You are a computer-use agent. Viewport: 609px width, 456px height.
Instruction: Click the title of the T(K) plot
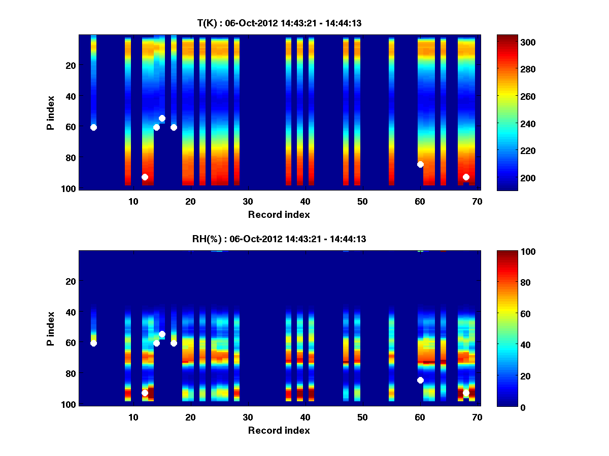click(279, 23)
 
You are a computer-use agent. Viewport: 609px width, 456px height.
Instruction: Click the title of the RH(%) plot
click(279, 239)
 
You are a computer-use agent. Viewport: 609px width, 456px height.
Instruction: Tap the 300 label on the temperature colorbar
click(512, 42)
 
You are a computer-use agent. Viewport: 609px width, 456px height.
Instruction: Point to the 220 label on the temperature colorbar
click(512, 151)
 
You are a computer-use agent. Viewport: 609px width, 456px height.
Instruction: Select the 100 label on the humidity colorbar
click(510, 252)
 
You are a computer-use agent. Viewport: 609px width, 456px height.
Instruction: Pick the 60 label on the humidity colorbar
click(507, 314)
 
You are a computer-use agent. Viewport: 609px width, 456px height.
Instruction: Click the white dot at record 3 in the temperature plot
click(93, 127)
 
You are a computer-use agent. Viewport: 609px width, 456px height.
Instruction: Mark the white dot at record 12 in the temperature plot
click(145, 177)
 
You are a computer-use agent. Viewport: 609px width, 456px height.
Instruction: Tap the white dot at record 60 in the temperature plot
click(420, 164)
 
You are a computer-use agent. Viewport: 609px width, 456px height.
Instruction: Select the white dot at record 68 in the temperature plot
click(466, 177)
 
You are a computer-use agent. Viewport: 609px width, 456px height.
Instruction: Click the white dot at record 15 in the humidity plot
click(162, 334)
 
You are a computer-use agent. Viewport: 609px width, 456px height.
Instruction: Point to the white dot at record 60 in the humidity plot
click(420, 380)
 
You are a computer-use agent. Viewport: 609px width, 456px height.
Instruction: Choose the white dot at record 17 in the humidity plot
click(174, 343)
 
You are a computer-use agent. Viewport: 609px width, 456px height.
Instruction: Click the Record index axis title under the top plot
click(279, 214)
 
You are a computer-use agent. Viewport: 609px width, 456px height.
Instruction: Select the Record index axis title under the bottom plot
click(279, 430)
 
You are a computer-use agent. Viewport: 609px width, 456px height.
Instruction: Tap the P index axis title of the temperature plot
click(51, 112)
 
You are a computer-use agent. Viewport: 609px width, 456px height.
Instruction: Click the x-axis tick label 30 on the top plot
click(248, 201)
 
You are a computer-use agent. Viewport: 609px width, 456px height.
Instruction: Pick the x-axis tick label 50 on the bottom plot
click(362, 417)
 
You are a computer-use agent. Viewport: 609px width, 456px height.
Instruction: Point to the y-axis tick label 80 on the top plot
click(70, 158)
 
